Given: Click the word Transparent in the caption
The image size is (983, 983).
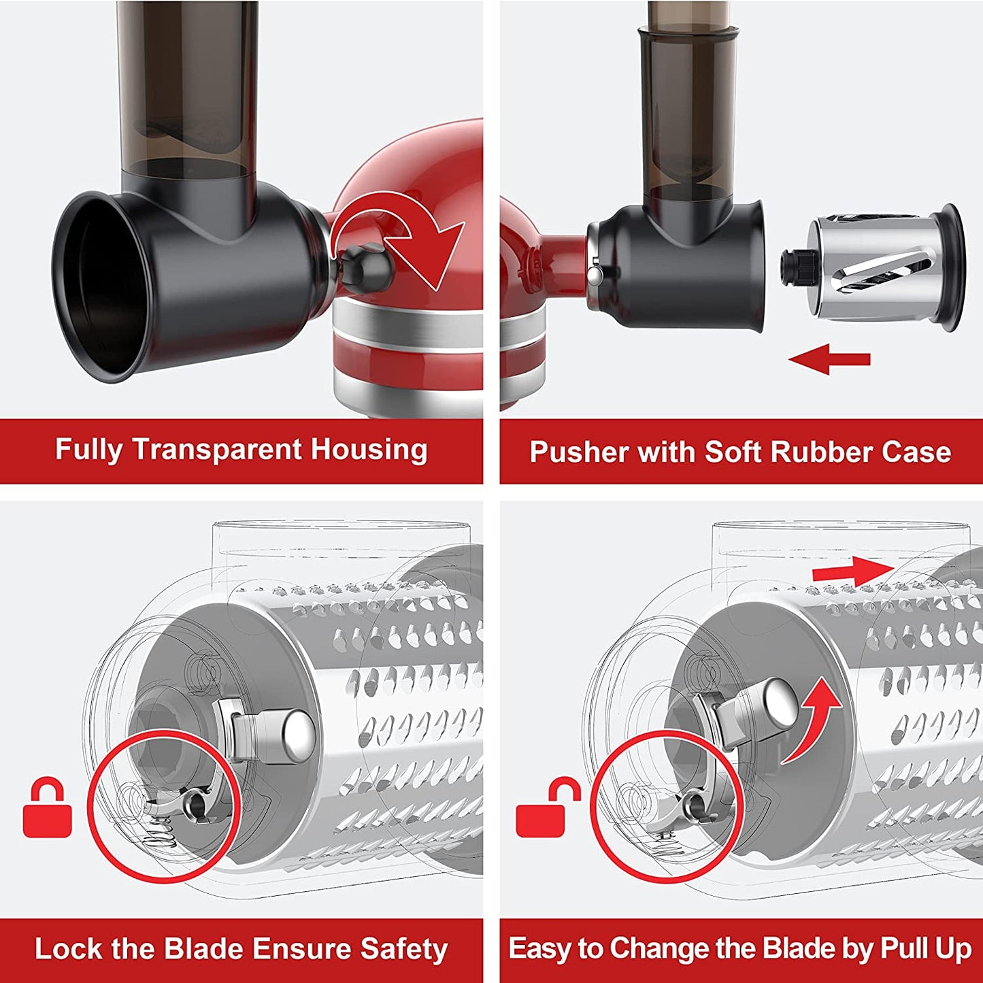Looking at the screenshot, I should click(x=216, y=450).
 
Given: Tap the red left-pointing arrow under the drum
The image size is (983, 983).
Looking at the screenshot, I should click(x=829, y=359).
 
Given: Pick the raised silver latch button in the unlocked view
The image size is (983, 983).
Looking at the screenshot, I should click(x=778, y=701).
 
